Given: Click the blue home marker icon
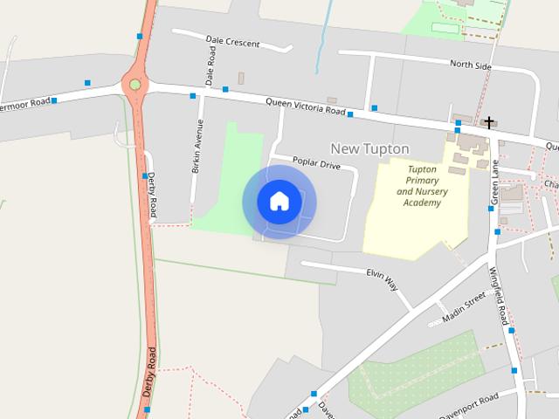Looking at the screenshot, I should point(279,202).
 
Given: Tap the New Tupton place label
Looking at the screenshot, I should point(369,148).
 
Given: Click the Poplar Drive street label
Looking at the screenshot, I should point(316,163).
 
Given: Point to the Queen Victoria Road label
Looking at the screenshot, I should point(306,106).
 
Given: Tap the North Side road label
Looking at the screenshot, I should point(472,65).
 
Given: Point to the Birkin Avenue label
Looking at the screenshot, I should point(197,146).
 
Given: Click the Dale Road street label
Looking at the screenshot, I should point(210,66).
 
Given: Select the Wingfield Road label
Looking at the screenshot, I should point(499,297).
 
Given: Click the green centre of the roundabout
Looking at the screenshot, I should point(135,85).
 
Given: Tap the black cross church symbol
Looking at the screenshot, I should point(489,123).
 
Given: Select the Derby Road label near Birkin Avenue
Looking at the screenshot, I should point(152,194).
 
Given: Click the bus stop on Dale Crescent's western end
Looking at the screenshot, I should point(140,36).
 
